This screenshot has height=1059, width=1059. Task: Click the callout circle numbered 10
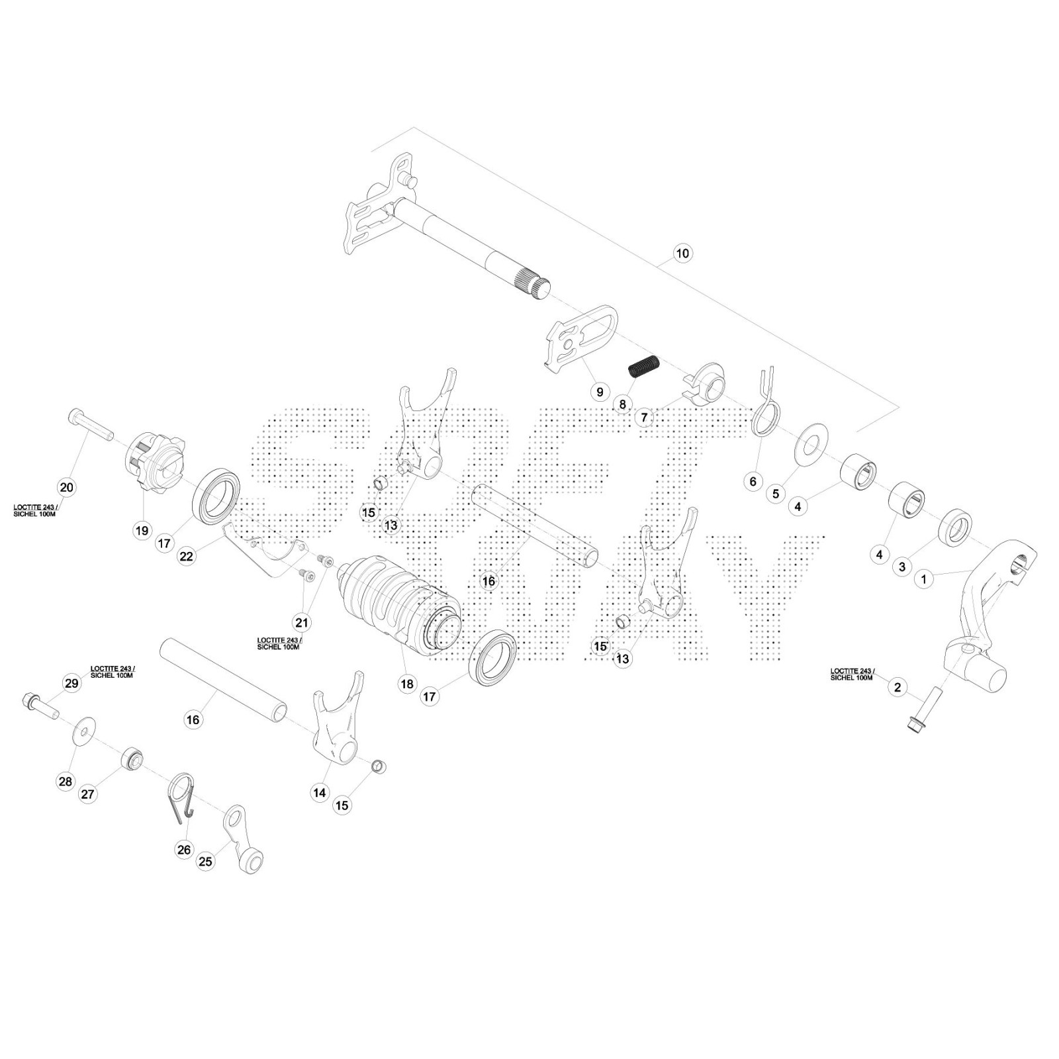682,253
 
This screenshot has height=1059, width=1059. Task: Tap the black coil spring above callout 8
644,366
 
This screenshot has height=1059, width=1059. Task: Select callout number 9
600,392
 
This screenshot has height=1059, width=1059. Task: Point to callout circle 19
142,530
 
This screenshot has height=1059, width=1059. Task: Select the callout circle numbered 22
187,556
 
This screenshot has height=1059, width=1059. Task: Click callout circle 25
206,861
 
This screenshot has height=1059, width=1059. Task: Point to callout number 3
902,567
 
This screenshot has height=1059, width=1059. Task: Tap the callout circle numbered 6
753,481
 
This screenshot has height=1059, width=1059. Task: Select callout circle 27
88,794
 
